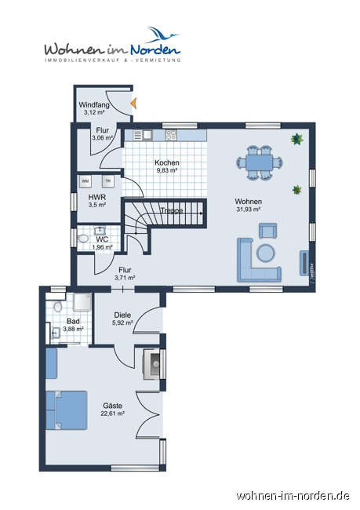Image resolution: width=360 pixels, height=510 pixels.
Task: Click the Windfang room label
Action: click(x=94, y=104)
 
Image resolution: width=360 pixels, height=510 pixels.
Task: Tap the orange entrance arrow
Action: click(x=134, y=102)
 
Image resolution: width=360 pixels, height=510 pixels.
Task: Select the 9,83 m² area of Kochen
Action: click(x=166, y=170)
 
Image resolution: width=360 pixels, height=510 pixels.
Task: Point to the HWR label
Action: click(x=96, y=197)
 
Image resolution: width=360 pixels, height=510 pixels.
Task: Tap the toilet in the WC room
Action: click(x=82, y=239)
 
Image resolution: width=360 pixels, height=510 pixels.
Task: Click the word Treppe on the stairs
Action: click(x=172, y=210)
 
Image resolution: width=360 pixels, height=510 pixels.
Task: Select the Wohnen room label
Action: click(x=248, y=202)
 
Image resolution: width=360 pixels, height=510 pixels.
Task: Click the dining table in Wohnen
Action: click(x=259, y=162)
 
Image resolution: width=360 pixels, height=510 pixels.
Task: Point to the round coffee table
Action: click(x=266, y=253)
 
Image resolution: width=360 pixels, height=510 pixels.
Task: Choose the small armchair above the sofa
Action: click(x=268, y=230)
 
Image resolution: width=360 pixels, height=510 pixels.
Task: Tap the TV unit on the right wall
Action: click(x=304, y=261)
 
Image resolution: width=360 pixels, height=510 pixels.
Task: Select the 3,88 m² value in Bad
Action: click(x=73, y=330)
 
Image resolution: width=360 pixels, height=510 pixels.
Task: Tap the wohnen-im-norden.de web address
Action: click(x=293, y=496)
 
